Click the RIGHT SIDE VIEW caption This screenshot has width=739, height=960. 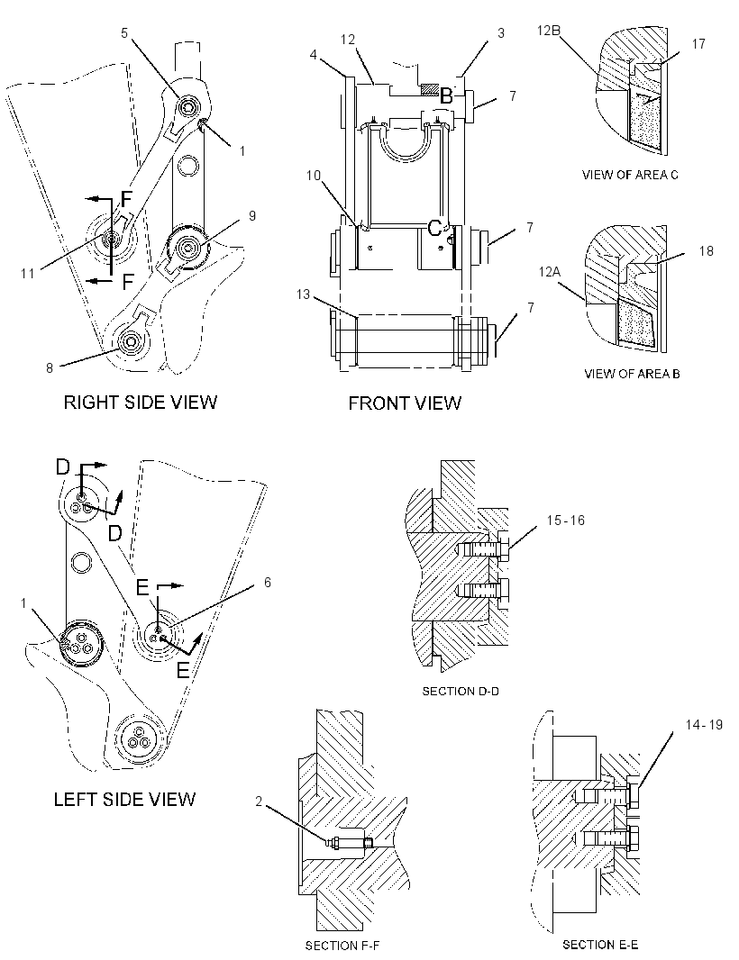pyautogui.click(x=141, y=403)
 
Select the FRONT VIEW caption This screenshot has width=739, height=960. pyautogui.click(x=405, y=403)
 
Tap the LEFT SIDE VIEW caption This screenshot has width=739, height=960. pyautogui.click(x=124, y=799)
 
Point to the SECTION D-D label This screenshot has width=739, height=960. pyautogui.click(x=461, y=692)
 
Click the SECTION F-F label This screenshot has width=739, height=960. pyautogui.click(x=342, y=946)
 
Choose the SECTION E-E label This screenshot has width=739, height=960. pyautogui.click(x=600, y=945)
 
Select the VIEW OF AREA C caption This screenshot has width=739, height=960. pyautogui.click(x=630, y=175)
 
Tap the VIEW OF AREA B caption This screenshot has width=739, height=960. pyautogui.click(x=632, y=374)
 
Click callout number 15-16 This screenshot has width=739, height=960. pyautogui.click(x=566, y=521)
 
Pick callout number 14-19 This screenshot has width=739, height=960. pyautogui.click(x=704, y=725)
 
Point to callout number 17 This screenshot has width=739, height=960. pyautogui.click(x=698, y=44)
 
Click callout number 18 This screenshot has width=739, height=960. pyautogui.click(x=706, y=251)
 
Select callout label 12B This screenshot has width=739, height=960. pyautogui.click(x=549, y=30)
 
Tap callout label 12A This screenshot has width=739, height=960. pyautogui.click(x=550, y=271)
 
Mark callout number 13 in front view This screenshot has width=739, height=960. pyautogui.click(x=304, y=294)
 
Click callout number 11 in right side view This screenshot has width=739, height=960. pyautogui.click(x=28, y=273)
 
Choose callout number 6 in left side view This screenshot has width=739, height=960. pyautogui.click(x=267, y=583)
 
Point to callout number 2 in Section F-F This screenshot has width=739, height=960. pyautogui.click(x=259, y=802)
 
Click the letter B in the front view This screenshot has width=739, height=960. pyautogui.click(x=447, y=96)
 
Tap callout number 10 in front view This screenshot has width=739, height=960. pyautogui.click(x=313, y=176)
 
